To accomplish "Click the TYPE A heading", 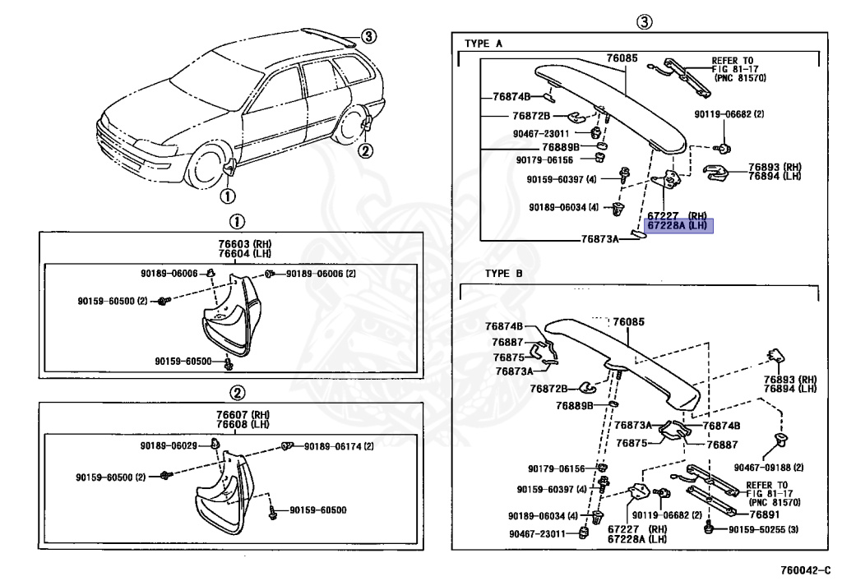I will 483,44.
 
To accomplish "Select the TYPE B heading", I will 505,273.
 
